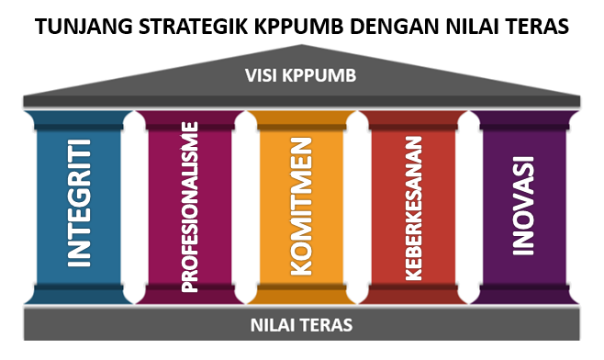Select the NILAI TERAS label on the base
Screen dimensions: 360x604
click(x=302, y=324)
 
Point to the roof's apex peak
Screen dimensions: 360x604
click(x=302, y=48)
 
